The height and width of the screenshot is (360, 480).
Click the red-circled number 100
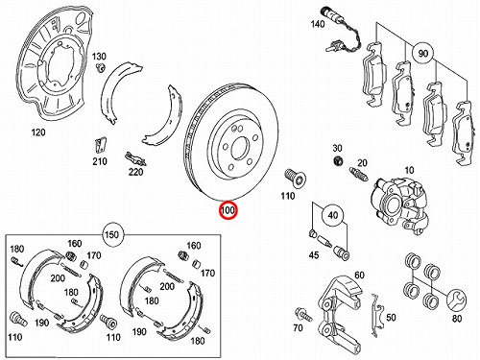tap(228, 210)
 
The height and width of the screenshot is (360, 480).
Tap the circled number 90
tap(422, 53)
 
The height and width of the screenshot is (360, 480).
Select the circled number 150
tap(111, 234)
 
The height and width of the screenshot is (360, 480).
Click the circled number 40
tap(333, 215)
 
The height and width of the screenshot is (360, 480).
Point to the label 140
tap(318, 24)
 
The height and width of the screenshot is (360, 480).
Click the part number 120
tap(38, 132)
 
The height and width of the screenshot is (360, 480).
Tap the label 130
tap(99, 57)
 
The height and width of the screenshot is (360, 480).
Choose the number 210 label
tap(100, 161)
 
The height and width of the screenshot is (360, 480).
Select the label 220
tap(135, 172)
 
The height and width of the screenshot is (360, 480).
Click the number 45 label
tap(314, 254)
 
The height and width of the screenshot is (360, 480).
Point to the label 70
tap(298, 328)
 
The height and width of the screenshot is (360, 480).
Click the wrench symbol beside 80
tap(456, 300)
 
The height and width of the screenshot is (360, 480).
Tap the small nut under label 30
tap(337, 161)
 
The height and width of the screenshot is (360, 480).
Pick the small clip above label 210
tap(101, 145)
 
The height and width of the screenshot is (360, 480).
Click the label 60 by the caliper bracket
tap(359, 275)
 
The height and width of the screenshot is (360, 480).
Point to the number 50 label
tap(391, 317)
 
